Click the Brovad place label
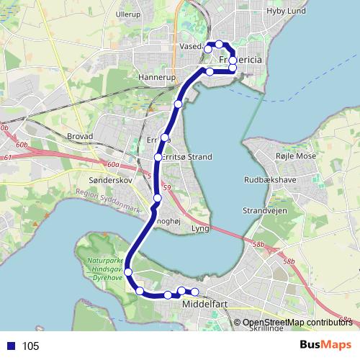[80, 135]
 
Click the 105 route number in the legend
[30, 346]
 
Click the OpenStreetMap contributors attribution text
[297, 322]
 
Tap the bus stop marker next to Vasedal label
[208, 48]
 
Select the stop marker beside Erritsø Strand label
[158, 157]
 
